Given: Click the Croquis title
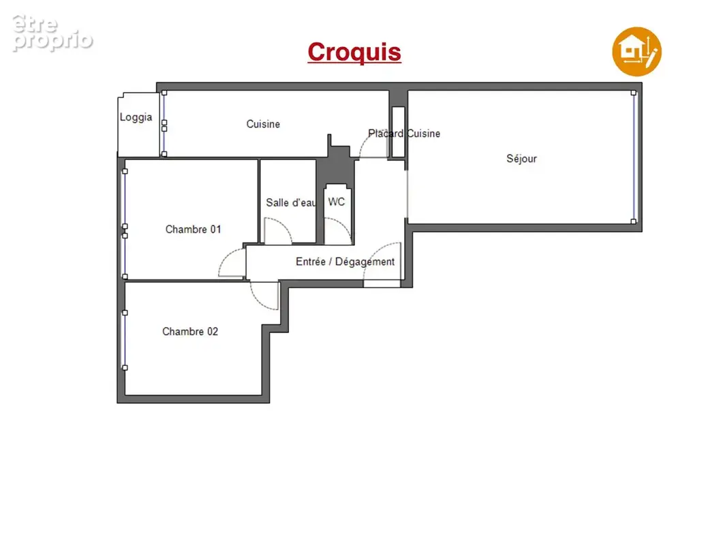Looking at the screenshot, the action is pyautogui.click(x=354, y=52).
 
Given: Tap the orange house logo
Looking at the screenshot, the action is pyautogui.click(x=636, y=52).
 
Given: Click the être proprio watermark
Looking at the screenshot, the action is pyautogui.click(x=52, y=33).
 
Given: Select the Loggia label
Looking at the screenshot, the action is pyautogui.click(x=136, y=117).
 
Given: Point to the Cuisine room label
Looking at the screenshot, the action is pyautogui.click(x=263, y=124).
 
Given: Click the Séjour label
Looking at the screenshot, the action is pyautogui.click(x=521, y=159).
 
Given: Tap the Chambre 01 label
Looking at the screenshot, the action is pyautogui.click(x=194, y=230).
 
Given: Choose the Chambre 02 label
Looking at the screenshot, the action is pyautogui.click(x=190, y=331).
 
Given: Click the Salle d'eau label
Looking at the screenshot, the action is pyautogui.click(x=291, y=203).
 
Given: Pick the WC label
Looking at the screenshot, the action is pyautogui.click(x=337, y=202).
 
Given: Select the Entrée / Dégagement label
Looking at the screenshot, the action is pyautogui.click(x=345, y=262).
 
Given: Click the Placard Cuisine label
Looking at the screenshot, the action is pyautogui.click(x=404, y=134).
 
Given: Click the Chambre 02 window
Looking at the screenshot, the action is pyautogui.click(x=125, y=340).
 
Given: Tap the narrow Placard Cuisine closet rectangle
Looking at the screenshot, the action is pyautogui.click(x=398, y=132).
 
